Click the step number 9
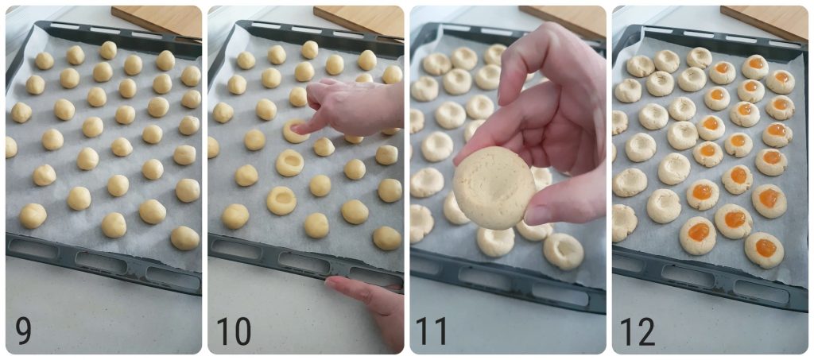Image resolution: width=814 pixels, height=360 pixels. coord(23,331)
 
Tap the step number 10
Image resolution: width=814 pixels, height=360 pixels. coord(233,331)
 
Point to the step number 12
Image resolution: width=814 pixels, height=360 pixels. coord(638,331)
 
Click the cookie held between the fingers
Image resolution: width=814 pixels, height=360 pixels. coord(494,187)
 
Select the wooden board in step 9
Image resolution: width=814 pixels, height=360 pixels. coord(159,20)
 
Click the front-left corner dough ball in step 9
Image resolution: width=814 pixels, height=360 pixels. coord(33,215)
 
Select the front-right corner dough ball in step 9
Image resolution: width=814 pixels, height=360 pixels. coord(184,238)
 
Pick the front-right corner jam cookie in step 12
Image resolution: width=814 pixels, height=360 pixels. coord(764,249)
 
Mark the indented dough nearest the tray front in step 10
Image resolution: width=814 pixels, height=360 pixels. coord(281,200)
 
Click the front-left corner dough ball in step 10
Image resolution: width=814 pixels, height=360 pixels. coord(235,215)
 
